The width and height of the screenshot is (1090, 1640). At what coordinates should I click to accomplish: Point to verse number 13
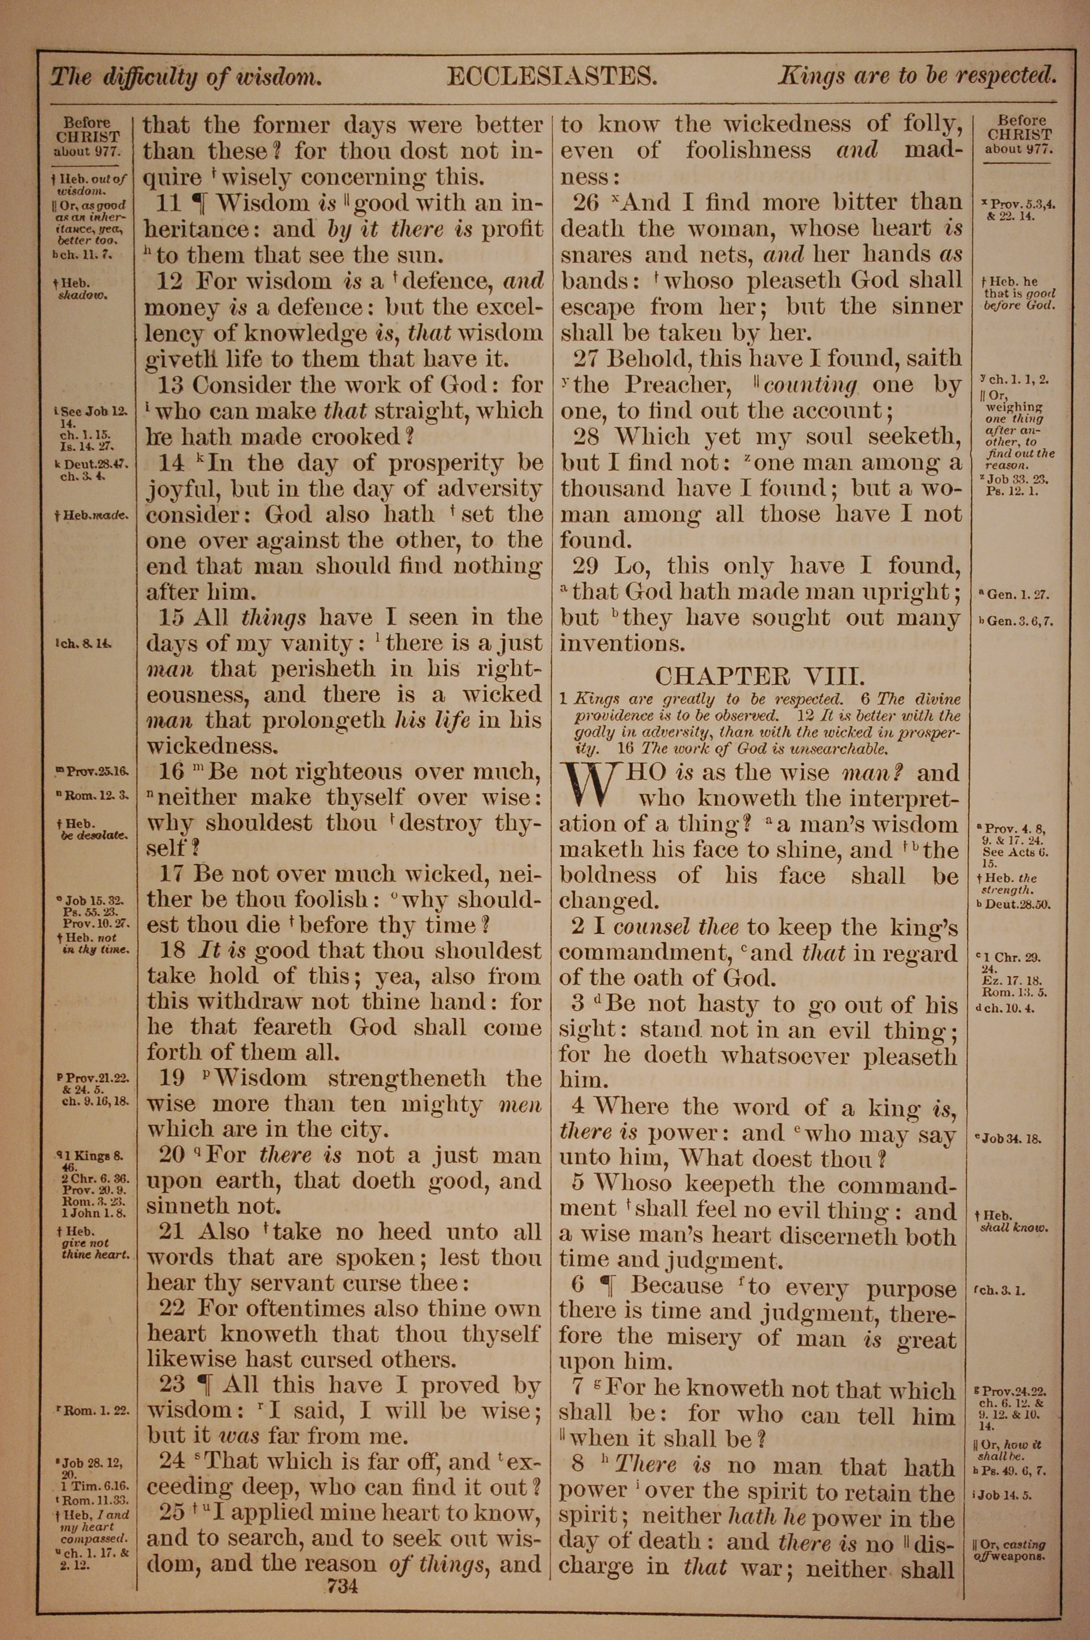coord(169,384)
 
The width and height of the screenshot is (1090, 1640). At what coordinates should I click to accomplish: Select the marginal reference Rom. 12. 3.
coord(96,795)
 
